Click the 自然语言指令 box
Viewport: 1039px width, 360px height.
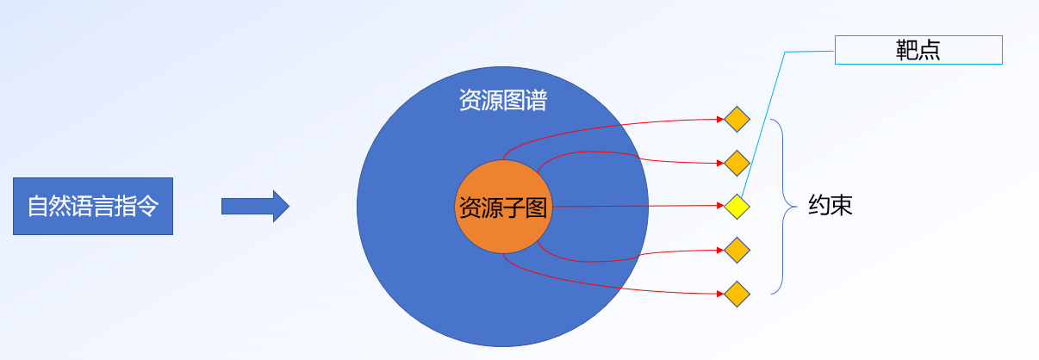pos(93,206)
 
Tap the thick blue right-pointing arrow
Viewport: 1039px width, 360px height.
pos(255,206)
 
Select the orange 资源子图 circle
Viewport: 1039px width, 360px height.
pos(502,207)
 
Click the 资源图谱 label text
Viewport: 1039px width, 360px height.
pos(502,101)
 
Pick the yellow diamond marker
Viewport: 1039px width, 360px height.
pos(737,207)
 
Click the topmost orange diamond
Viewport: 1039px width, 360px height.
pos(737,119)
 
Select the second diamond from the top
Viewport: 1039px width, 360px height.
pos(737,163)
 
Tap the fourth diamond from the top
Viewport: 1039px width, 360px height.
pos(737,251)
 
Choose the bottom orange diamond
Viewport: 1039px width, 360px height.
pos(737,295)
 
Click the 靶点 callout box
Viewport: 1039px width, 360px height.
pos(918,50)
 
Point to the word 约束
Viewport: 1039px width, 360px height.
pos(831,207)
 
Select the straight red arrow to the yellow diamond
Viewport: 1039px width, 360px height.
pos(638,207)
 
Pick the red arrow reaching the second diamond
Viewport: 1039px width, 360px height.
pos(638,160)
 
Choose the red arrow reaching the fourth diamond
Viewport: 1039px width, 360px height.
pos(638,254)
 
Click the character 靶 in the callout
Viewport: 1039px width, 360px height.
pos(906,50)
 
